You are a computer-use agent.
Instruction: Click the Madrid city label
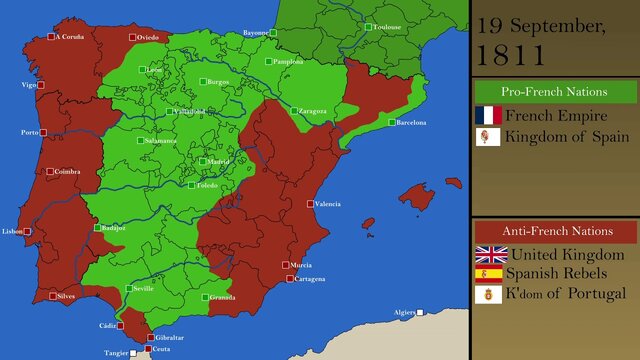tap(218, 161)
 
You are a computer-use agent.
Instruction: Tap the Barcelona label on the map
tap(411, 122)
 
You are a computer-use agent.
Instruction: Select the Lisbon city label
tap(12, 231)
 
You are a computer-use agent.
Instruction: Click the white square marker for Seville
tap(127, 289)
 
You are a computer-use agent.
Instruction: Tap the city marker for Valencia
tap(310, 204)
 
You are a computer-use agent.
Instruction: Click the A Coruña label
tap(70, 37)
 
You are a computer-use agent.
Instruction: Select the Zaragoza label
tap(312, 111)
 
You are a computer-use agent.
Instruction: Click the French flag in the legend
tap(488, 115)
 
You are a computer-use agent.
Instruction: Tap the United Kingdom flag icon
tap(490, 254)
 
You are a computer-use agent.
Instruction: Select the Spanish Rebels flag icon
tap(488, 273)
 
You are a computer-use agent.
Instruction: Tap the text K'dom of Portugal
tap(566, 293)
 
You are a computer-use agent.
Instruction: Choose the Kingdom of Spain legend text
tap(567, 136)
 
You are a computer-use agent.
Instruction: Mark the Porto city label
tap(29, 132)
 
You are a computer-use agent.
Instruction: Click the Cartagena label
tap(310, 279)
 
